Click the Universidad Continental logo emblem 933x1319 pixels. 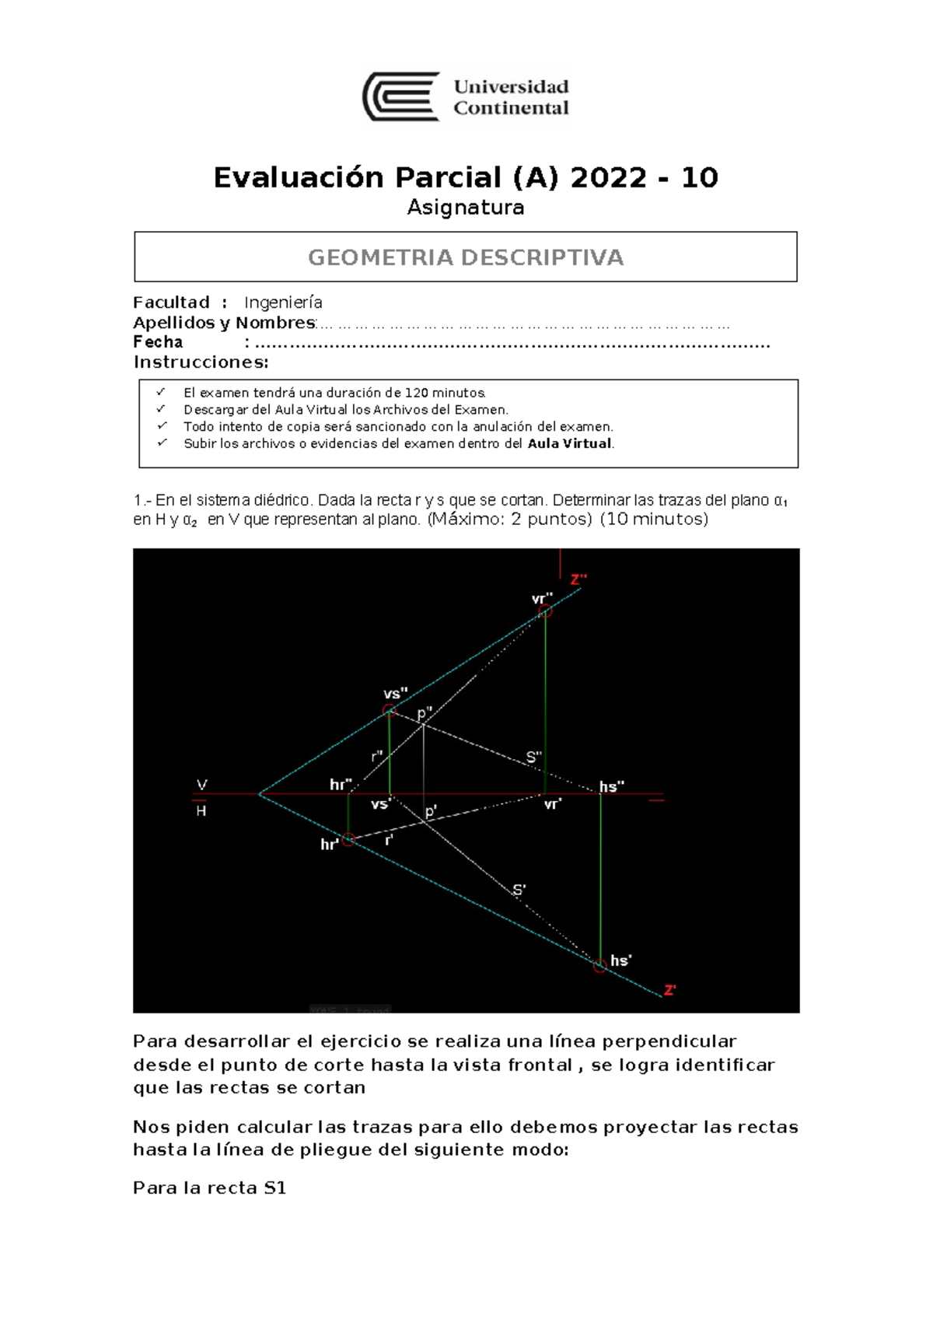401,97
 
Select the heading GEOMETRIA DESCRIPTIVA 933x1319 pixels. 466,257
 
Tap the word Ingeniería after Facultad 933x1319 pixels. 283,303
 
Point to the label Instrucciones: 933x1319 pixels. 201,362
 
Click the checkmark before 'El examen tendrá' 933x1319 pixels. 161,392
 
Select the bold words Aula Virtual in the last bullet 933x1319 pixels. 569,444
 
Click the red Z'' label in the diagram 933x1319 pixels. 578,579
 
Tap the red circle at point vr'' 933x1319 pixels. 546,611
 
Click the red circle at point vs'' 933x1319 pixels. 390,710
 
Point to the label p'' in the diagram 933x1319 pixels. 425,713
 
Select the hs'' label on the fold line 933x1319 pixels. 612,787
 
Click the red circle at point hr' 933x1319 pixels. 348,839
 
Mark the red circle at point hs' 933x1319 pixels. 599,967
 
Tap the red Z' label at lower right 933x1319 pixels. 669,990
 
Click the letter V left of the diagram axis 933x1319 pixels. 202,785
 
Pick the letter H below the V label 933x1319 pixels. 201,811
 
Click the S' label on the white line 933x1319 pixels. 519,890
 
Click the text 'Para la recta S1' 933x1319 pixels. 210,1188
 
